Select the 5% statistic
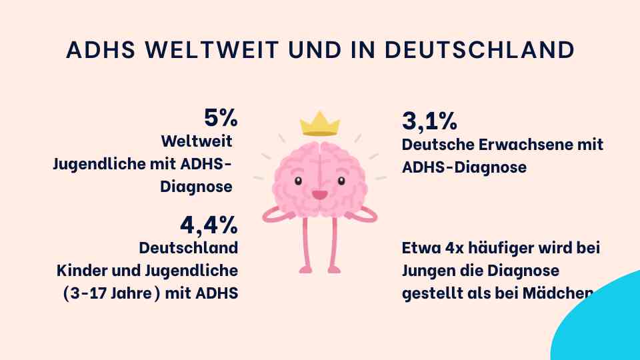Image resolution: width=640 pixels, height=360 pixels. coord(221,118)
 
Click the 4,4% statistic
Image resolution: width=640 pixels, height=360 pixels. coord(209,225)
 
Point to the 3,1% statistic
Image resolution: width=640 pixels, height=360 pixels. coord(429,121)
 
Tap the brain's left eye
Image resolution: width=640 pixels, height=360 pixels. coord(298,181)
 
